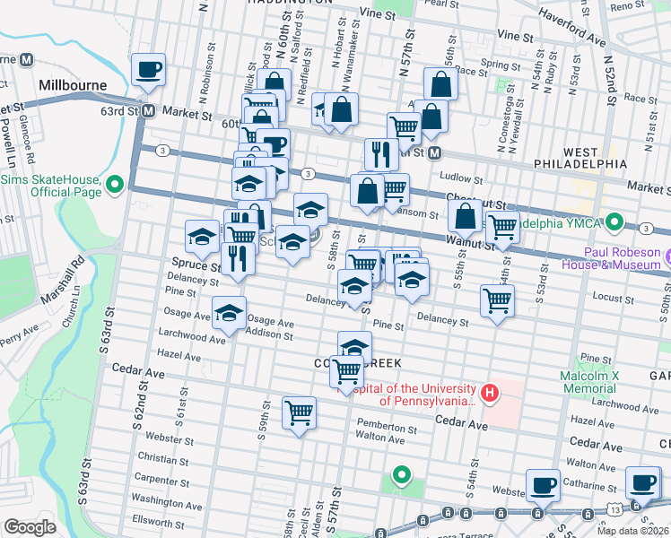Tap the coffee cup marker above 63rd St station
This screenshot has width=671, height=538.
(x=149, y=69)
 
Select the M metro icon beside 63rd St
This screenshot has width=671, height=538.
(x=149, y=113)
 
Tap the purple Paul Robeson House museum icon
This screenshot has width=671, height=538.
(x=666, y=258)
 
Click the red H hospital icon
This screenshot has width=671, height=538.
(x=489, y=393)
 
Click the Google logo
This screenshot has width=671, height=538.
(x=30, y=527)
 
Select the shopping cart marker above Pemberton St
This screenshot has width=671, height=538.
(x=299, y=412)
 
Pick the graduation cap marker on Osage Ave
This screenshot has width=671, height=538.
(x=229, y=313)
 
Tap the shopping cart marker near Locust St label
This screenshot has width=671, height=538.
(x=497, y=301)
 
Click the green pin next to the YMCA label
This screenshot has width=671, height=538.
(x=614, y=221)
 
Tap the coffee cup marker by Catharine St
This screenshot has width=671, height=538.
(x=542, y=484)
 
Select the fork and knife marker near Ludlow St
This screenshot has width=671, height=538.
(x=381, y=154)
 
